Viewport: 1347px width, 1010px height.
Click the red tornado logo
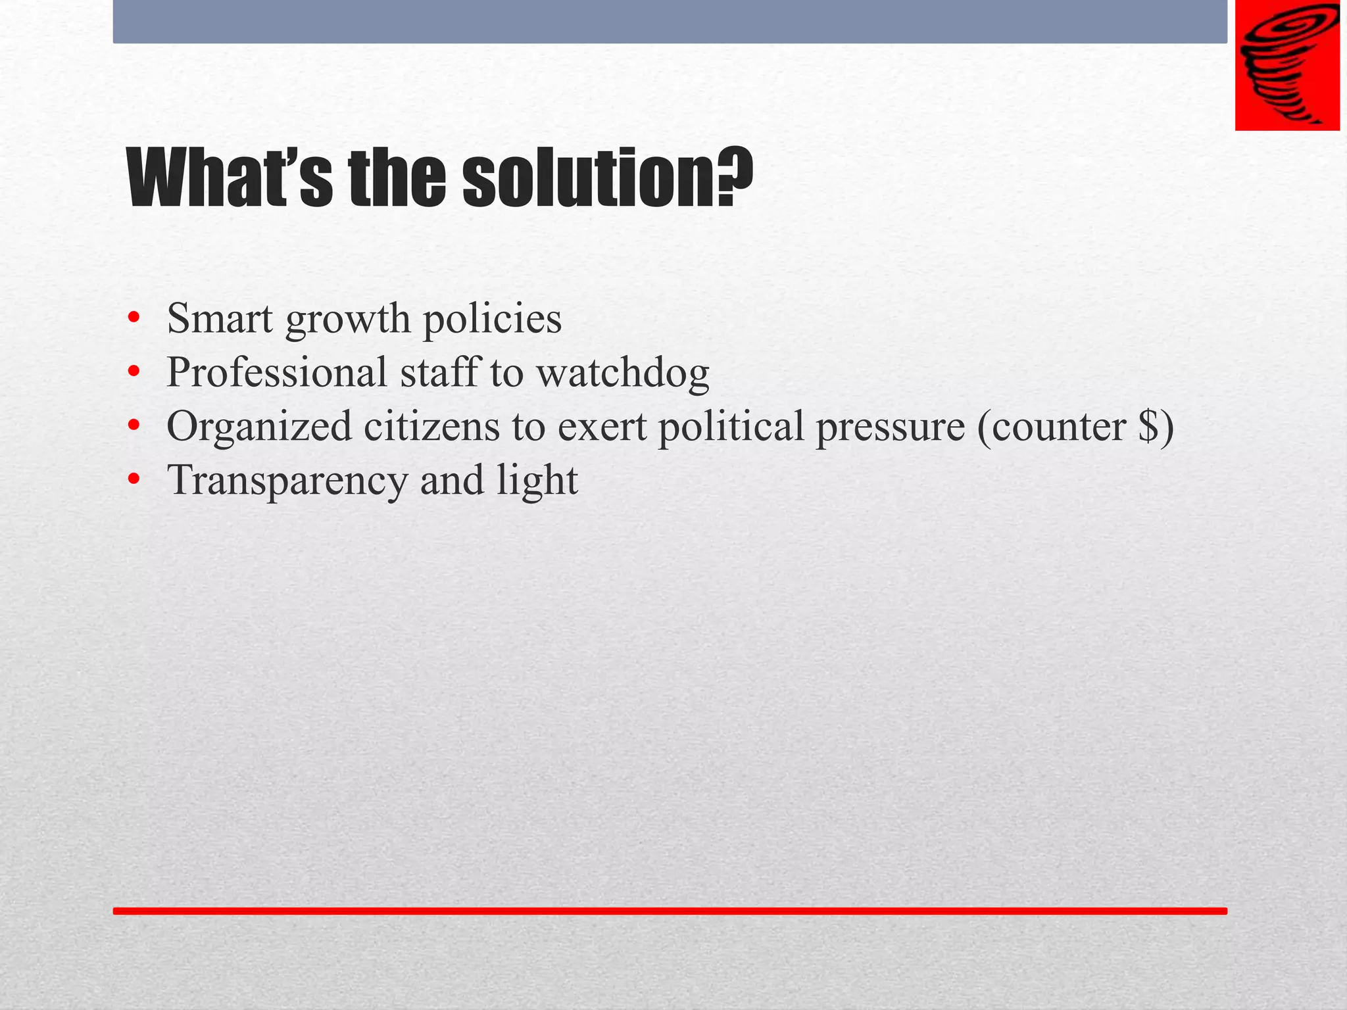pyautogui.click(x=1287, y=65)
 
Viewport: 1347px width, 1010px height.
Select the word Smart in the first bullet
pyautogui.click(x=220, y=318)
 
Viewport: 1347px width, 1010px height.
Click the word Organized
pyautogui.click(x=259, y=427)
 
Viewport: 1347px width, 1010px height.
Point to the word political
pyautogui.click(x=731, y=426)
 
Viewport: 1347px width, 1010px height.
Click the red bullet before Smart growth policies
pyautogui.click(x=134, y=318)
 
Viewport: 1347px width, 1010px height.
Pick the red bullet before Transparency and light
pyautogui.click(x=134, y=480)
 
